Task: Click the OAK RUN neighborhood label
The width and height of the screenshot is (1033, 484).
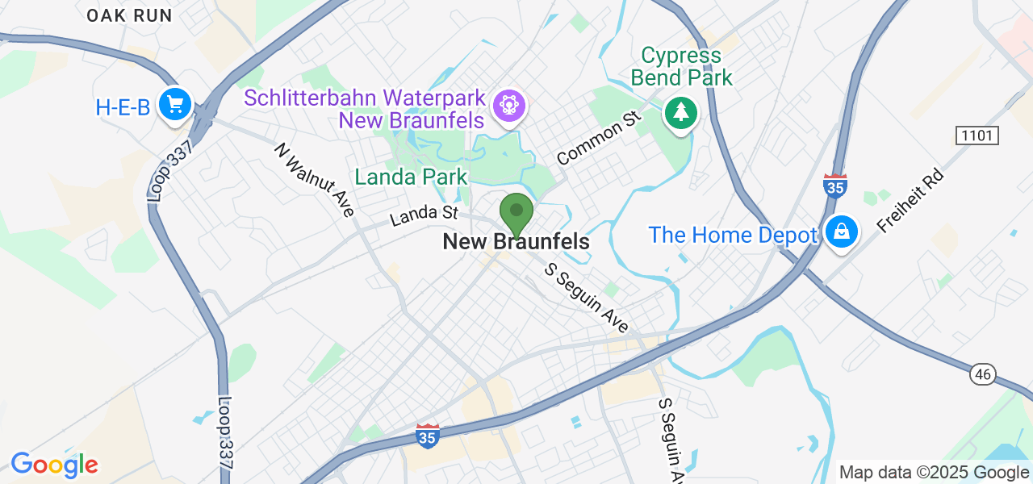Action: pos(129,15)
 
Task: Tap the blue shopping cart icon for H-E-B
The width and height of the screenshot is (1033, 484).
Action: pos(175,105)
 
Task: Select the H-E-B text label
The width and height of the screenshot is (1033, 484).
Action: pos(123,106)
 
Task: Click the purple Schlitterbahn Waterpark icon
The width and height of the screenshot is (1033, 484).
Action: pos(509,105)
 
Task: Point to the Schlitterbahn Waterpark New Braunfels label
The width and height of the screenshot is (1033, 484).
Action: pos(365,109)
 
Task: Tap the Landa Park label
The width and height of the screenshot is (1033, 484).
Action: pos(411,177)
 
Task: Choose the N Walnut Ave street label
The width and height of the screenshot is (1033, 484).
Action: pos(315,180)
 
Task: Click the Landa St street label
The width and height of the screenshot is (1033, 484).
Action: pos(424,215)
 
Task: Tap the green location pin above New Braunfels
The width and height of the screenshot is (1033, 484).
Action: pos(516,212)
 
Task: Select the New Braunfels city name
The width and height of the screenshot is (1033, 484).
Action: pos(516,242)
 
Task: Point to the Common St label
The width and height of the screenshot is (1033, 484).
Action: pos(598,139)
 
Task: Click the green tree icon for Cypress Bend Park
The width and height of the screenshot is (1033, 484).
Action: pos(680,112)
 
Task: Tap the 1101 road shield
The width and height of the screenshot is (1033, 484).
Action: pos(977,136)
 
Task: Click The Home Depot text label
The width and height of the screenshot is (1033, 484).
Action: pos(733,236)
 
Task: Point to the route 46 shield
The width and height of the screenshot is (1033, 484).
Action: pos(983,374)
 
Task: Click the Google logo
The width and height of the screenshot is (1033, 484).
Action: pos(54,465)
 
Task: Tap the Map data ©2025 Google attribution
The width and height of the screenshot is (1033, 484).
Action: pos(934,473)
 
